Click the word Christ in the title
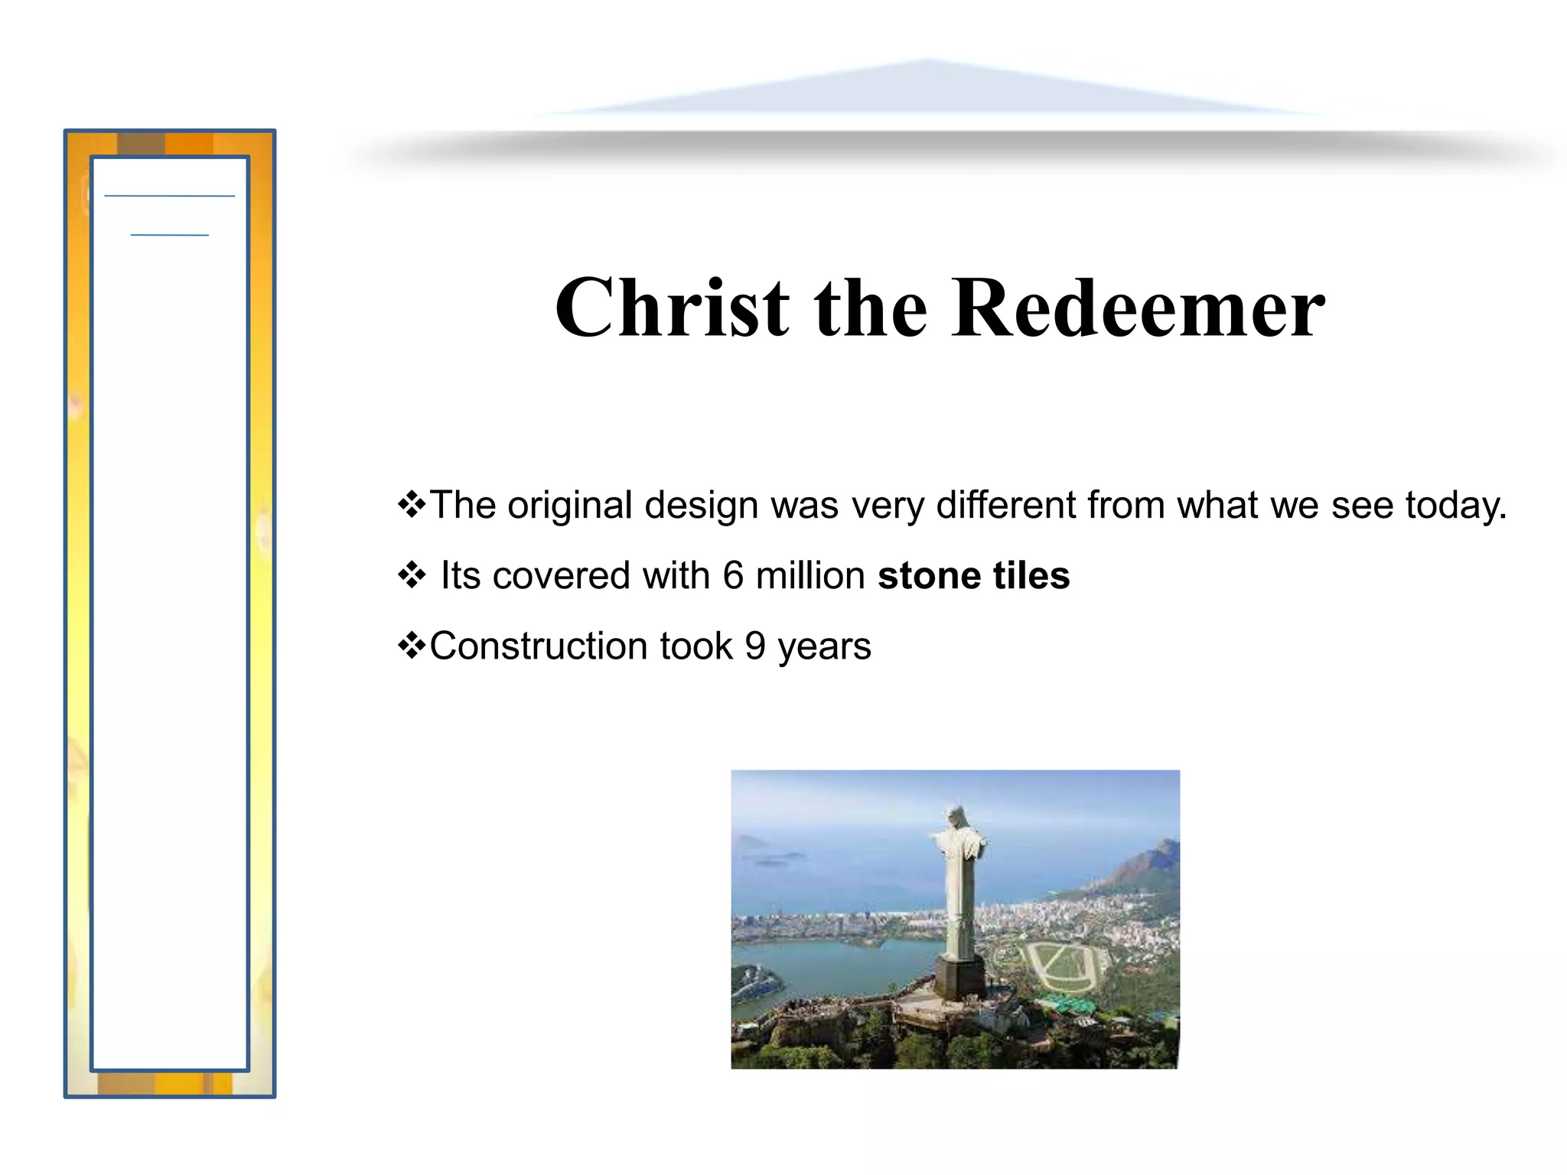[672, 308]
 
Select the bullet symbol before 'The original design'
[412, 504]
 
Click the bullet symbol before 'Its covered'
[412, 574]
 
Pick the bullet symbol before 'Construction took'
[412, 645]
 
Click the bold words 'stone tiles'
[973, 575]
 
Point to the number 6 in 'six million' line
[733, 575]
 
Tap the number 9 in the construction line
[755, 646]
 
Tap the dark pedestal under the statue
[959, 978]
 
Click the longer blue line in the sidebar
[169, 197]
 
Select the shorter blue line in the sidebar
[169, 235]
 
